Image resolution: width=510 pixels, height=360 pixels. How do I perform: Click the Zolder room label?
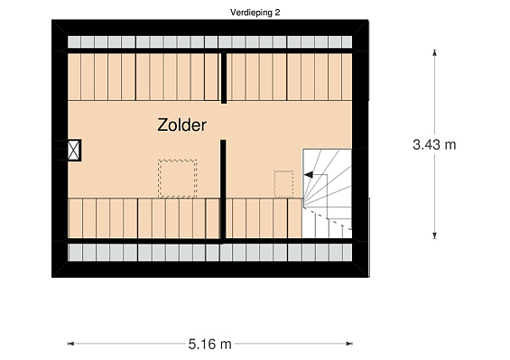coord(181,125)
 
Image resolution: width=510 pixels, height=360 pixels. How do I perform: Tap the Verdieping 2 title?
coord(255,13)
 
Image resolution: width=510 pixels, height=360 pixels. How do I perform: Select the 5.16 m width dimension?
coord(209,344)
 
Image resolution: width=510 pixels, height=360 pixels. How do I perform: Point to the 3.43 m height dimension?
coord(434,144)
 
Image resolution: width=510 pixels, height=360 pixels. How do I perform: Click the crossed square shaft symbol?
coord(74,151)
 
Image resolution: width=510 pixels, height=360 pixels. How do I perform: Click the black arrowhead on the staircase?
coord(308,175)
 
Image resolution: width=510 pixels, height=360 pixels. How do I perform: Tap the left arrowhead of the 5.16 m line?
coord(70,344)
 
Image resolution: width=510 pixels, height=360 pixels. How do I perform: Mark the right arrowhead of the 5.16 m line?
coord(349,344)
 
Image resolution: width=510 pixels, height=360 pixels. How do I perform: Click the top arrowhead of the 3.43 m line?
coord(434,52)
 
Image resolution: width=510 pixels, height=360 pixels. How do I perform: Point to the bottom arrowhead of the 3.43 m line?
coord(434,235)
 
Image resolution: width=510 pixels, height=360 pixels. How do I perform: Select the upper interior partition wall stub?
coord(224,78)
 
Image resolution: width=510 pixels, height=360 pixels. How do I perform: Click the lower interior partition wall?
coord(223,191)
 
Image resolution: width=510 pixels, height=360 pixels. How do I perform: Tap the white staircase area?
coord(327,193)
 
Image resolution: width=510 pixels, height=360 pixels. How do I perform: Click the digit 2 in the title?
coord(277,13)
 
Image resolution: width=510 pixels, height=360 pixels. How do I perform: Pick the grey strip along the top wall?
coord(209,42)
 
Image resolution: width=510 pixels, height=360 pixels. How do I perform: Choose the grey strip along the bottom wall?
coord(209,253)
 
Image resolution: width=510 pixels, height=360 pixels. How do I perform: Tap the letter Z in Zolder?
coord(162,125)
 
